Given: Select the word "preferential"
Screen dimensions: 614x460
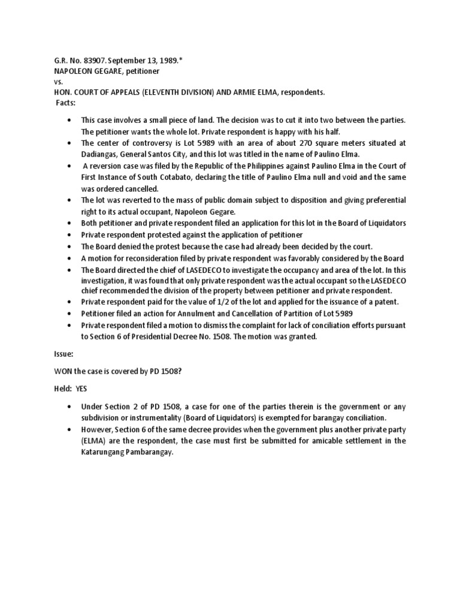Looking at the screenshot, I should (383, 200).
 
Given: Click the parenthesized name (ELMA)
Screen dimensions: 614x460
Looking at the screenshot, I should (95, 440).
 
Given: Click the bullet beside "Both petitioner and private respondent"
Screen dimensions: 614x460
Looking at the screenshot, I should (71, 223).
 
